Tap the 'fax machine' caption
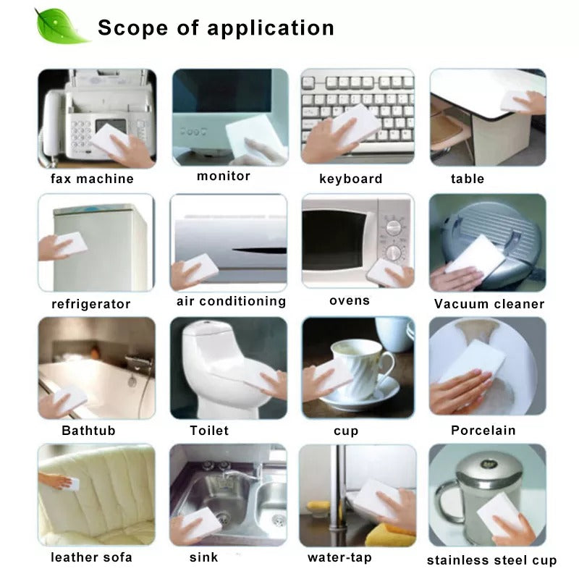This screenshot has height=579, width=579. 92,179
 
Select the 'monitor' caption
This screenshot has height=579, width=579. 224,176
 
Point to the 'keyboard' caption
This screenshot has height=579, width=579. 351,179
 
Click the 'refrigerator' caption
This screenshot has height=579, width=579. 91,304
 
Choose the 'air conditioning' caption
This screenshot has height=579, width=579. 231,301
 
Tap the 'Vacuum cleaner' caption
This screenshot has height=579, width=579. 489,304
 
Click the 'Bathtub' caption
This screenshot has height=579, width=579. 88,430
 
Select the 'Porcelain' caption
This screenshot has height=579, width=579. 483,430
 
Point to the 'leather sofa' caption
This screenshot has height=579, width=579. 92,557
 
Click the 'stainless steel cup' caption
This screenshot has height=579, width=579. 492,560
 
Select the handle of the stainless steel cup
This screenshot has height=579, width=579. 445,500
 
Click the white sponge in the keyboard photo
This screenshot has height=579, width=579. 355,124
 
